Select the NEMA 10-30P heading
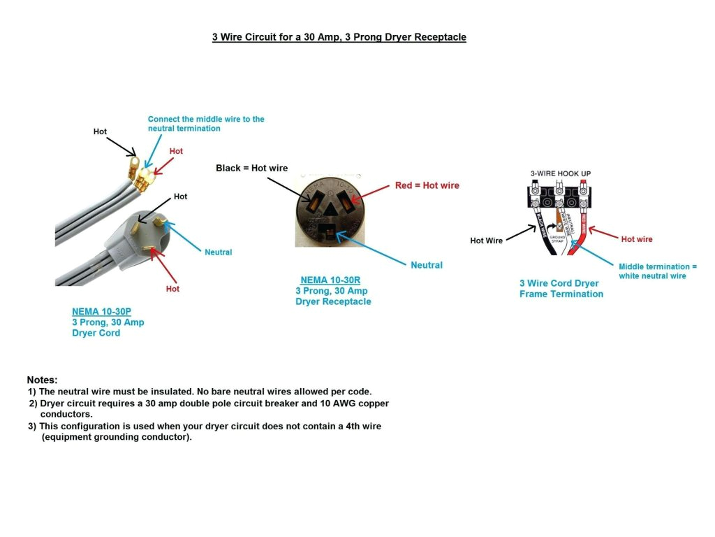click(x=101, y=312)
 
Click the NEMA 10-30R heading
click(x=330, y=280)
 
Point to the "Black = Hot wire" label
click(x=251, y=168)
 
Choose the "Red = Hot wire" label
click(x=427, y=185)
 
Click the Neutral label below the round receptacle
click(x=426, y=265)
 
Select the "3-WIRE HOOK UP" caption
click(x=559, y=173)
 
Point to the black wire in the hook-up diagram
click(x=542, y=231)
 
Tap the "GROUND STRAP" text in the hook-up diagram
click(x=556, y=238)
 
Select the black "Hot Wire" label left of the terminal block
click(x=486, y=241)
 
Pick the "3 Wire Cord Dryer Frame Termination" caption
click(x=561, y=289)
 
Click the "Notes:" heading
click(x=42, y=380)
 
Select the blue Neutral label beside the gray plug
click(x=218, y=252)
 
